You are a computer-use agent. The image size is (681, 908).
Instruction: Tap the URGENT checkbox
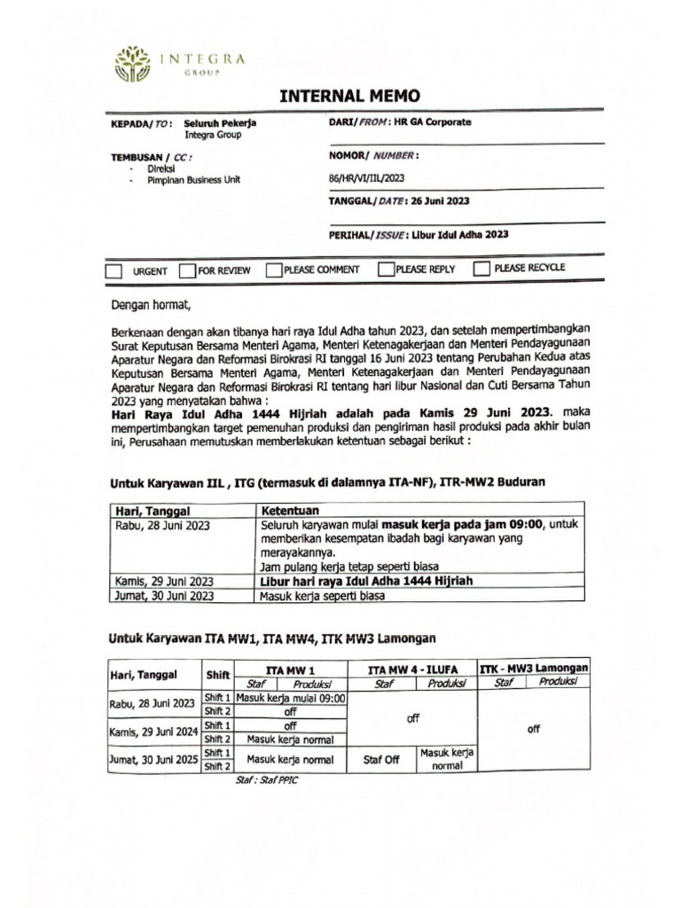(113, 271)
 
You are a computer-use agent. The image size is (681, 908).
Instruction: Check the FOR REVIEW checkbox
(186, 270)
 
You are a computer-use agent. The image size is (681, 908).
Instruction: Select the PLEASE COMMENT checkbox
(274, 270)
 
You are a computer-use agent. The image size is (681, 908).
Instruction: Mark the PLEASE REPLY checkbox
(386, 269)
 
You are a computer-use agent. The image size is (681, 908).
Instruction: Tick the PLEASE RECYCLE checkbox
(481, 268)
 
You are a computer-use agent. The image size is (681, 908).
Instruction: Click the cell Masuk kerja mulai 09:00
(291, 698)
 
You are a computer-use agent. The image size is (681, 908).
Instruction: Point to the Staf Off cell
(382, 760)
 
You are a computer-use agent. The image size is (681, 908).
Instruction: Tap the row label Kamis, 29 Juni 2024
(152, 732)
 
